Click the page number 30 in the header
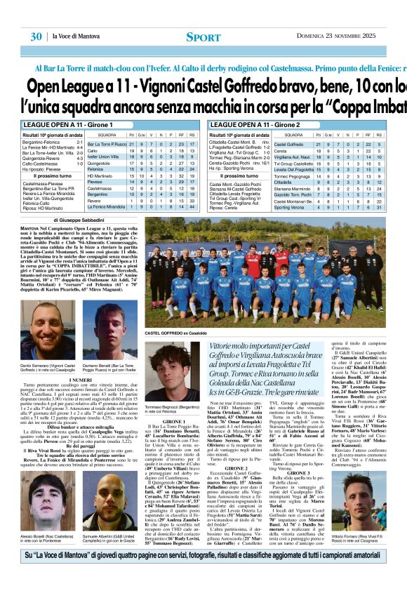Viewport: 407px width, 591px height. (36, 36)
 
